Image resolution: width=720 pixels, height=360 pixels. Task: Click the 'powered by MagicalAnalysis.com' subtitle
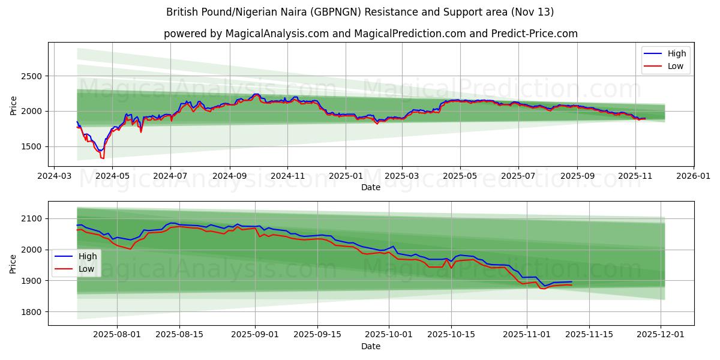(x=370, y=34)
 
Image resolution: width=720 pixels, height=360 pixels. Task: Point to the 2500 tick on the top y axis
(x=33, y=76)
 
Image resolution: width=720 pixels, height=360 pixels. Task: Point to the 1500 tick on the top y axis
(x=33, y=146)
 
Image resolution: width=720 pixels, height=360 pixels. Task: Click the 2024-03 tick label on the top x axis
(x=55, y=177)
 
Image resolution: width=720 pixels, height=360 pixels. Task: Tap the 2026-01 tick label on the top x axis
(x=693, y=177)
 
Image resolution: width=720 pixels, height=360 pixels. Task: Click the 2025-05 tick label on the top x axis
(x=460, y=177)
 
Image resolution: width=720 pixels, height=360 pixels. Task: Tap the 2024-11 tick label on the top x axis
(x=287, y=177)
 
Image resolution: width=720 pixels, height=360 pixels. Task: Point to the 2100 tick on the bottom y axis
(x=33, y=218)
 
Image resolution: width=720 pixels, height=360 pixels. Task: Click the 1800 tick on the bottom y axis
(x=33, y=312)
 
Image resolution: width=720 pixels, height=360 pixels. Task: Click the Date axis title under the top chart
(x=370, y=187)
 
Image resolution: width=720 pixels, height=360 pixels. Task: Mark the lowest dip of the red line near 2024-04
(x=103, y=158)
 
